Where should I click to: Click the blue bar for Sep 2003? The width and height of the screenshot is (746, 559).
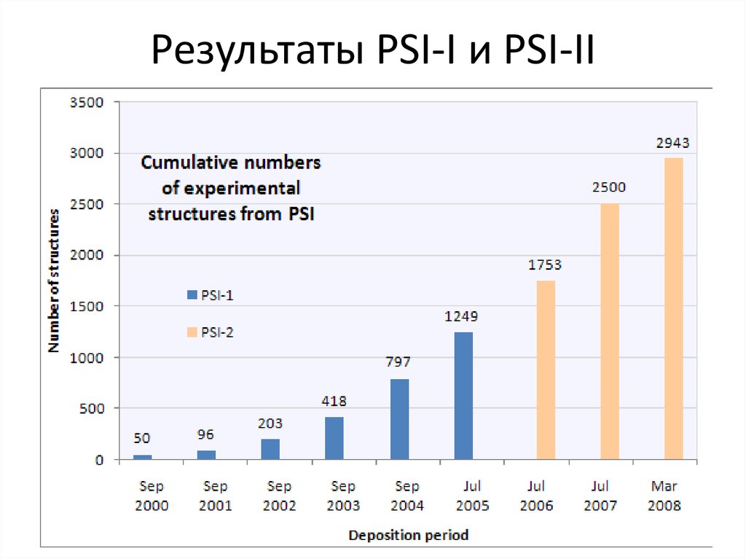(334, 438)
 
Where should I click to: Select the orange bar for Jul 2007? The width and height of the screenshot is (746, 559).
(610, 332)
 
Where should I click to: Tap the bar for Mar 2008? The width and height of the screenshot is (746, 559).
(674, 309)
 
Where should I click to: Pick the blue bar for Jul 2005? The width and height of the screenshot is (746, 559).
(463, 396)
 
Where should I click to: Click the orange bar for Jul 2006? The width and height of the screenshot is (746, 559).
(546, 370)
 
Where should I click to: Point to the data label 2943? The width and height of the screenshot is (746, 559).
(673, 144)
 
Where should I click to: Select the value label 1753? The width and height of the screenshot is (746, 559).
(545, 265)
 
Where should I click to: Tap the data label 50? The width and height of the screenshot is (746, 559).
(142, 438)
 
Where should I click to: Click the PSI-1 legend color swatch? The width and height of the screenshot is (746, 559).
(192, 295)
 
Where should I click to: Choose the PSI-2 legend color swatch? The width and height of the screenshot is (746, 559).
(192, 332)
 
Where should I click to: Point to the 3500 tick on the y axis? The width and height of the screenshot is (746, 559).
(87, 103)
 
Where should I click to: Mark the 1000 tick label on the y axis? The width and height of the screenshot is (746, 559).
(87, 358)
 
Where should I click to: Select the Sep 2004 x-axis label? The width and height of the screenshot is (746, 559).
(407, 496)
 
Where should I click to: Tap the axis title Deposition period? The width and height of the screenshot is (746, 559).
(408, 536)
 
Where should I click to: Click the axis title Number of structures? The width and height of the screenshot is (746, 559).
(55, 281)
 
